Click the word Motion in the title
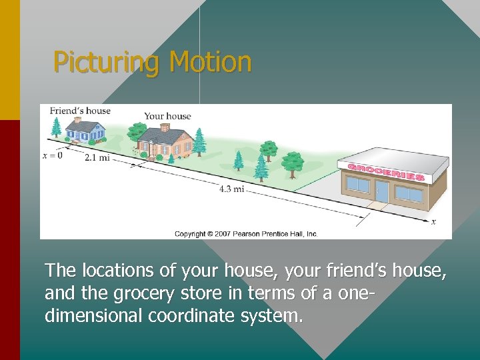(x=210, y=63)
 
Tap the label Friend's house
(x=80, y=111)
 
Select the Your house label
(x=167, y=116)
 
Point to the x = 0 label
(x=52, y=155)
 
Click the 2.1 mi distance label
(x=97, y=158)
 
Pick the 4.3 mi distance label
(x=231, y=189)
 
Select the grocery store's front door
(x=381, y=191)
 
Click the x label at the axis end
(x=433, y=221)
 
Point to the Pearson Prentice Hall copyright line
(x=246, y=234)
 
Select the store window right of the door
(x=409, y=193)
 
